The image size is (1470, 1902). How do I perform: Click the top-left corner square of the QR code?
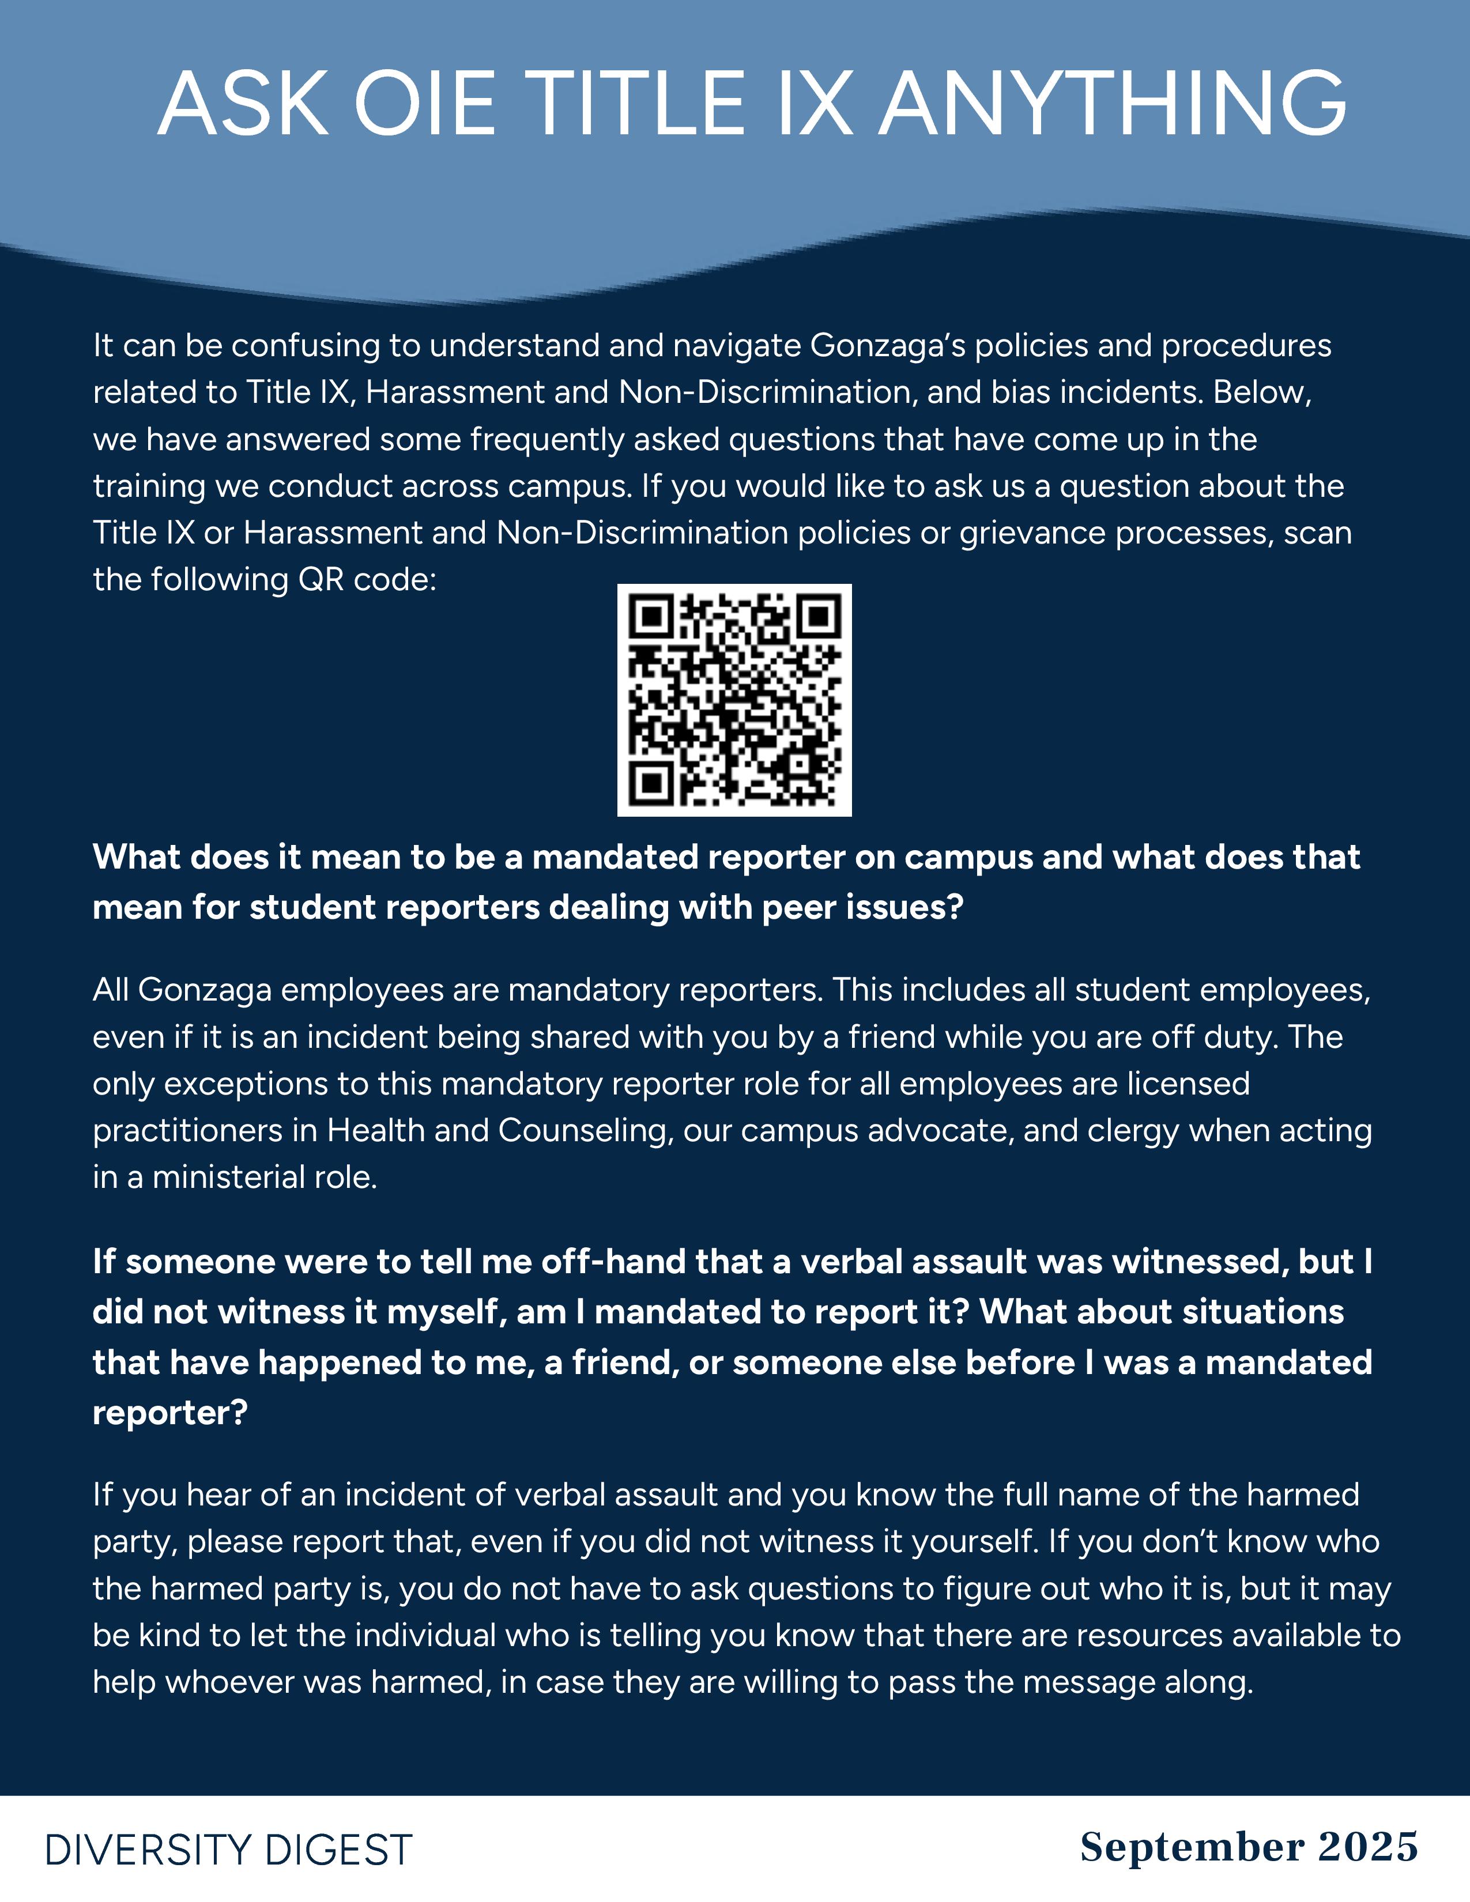tap(650, 617)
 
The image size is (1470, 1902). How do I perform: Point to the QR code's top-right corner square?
tap(819, 617)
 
